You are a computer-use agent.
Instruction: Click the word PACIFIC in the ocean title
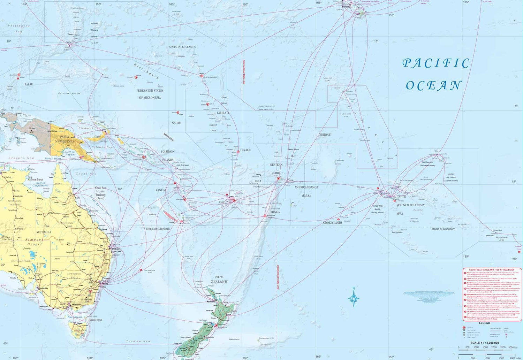click(x=436, y=63)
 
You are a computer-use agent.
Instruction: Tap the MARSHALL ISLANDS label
click(x=182, y=47)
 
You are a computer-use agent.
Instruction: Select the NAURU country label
click(x=176, y=123)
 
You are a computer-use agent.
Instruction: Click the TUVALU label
click(x=245, y=150)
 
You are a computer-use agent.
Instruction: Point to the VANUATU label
click(x=162, y=190)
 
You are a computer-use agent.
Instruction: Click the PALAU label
click(x=29, y=84)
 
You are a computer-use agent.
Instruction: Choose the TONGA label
click(x=275, y=212)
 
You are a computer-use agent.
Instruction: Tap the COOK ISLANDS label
click(x=332, y=223)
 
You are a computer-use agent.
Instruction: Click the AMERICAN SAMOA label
click(x=306, y=187)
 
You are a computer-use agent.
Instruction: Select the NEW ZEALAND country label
click(x=219, y=279)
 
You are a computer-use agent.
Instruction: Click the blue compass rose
click(x=354, y=298)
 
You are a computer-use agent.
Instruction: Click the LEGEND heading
click(x=484, y=323)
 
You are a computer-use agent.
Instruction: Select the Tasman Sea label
click(x=138, y=341)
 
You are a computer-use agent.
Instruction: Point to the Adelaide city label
click(x=44, y=289)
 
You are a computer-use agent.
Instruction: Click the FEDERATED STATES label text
click(x=150, y=91)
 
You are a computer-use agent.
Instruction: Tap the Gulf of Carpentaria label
click(x=40, y=184)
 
